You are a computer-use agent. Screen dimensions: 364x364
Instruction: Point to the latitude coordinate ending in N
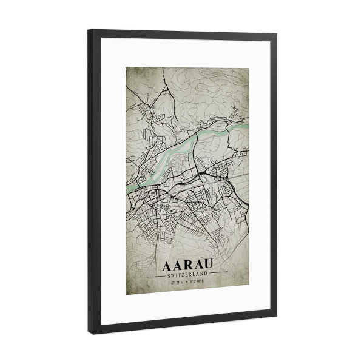pos(175,281)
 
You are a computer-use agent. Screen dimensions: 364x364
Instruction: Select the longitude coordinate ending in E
pos(200,281)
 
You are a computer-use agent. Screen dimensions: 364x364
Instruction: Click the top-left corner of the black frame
pos(89,30)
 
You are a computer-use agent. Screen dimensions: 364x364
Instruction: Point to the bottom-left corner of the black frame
pos(89,333)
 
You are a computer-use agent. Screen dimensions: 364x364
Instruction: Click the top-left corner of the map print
pos(126,65)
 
